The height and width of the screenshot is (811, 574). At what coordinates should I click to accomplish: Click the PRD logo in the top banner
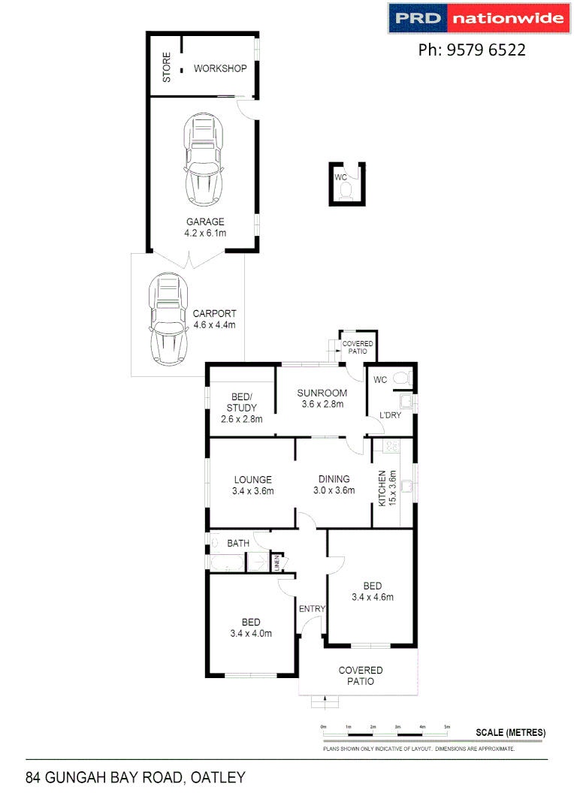[418, 18]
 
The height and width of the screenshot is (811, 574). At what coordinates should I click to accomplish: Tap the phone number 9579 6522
[471, 50]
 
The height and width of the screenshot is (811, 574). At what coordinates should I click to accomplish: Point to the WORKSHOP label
[220, 69]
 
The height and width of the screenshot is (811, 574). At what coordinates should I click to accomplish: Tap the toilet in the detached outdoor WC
[346, 191]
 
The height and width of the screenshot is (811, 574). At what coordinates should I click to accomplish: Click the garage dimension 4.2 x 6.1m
[205, 234]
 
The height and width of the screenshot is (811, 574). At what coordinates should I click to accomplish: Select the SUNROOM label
[322, 393]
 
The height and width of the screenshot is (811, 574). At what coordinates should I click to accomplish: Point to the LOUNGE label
[252, 480]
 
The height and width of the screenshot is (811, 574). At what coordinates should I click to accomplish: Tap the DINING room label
[334, 480]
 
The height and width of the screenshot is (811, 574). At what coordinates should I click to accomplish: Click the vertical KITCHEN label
[382, 487]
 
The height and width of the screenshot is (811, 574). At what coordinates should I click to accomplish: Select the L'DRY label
[390, 415]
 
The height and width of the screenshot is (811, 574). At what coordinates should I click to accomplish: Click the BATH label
[238, 542]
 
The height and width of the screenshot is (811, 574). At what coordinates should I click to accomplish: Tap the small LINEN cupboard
[276, 562]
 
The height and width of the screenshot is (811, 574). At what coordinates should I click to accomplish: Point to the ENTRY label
[311, 608]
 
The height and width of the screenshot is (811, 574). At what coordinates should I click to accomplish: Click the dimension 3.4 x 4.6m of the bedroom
[372, 598]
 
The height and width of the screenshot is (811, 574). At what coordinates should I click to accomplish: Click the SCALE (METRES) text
[510, 733]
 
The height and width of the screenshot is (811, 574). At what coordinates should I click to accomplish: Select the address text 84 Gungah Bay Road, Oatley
[135, 777]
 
